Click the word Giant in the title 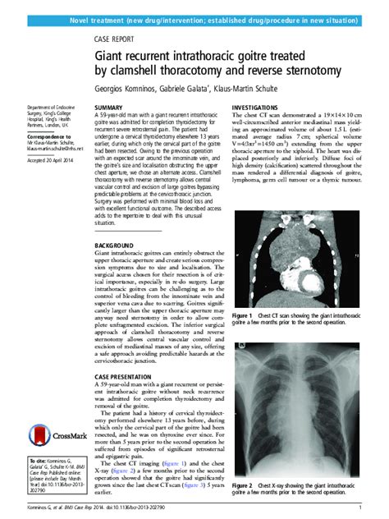point(111,54)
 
